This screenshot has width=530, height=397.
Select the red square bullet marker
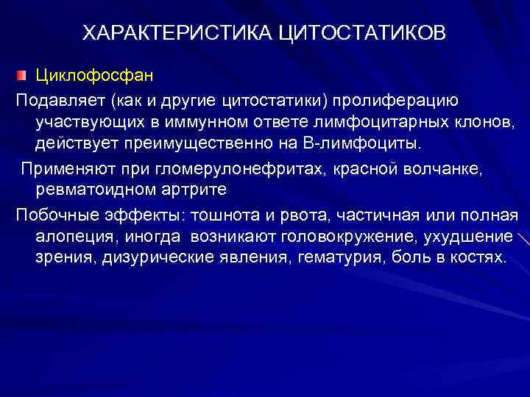point(24,76)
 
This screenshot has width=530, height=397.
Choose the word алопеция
point(70,237)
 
